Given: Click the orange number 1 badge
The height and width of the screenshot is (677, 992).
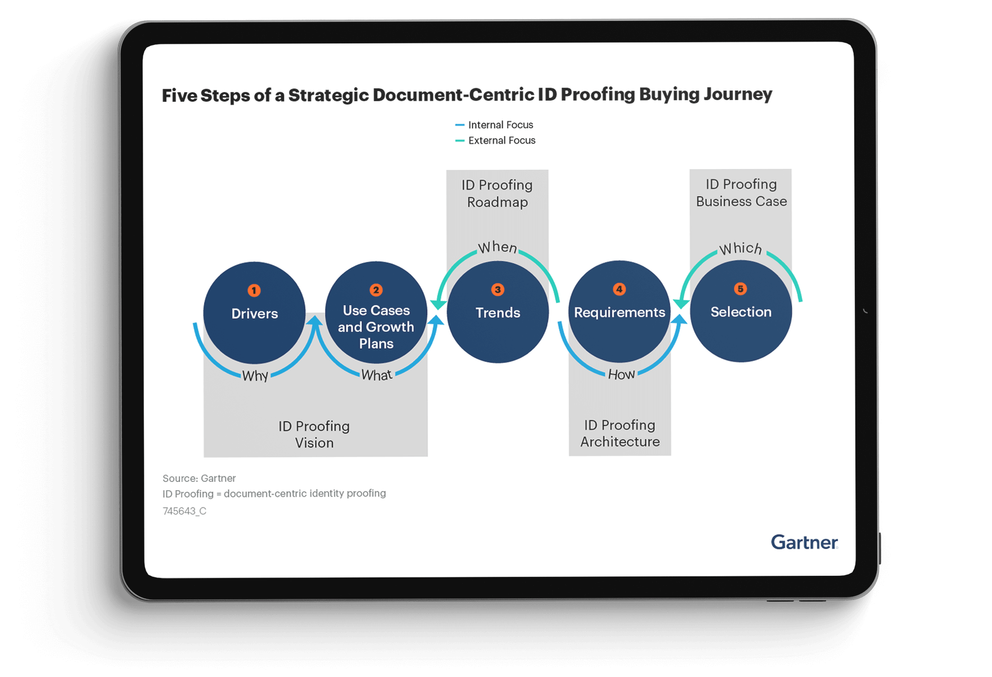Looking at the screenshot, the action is click(x=254, y=291).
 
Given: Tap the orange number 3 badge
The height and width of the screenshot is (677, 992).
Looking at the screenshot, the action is click(x=498, y=290).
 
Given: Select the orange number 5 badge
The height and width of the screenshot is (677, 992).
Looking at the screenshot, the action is click(x=741, y=289).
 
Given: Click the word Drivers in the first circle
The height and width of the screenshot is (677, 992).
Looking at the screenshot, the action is click(x=255, y=314).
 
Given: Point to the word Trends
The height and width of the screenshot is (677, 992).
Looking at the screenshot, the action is click(x=498, y=313).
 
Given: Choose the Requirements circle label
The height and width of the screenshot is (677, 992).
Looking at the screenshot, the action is click(x=620, y=313).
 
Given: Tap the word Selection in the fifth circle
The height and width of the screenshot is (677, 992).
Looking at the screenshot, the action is click(x=741, y=312).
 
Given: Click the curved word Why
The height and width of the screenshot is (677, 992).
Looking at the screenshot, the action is click(x=255, y=376).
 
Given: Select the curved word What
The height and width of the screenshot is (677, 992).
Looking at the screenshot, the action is click(x=377, y=375).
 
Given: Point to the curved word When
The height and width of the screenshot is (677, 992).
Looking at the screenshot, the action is click(x=498, y=247).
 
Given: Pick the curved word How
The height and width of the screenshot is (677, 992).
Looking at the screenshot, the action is click(x=621, y=374).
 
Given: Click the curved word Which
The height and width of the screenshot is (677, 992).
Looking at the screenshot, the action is click(x=741, y=249).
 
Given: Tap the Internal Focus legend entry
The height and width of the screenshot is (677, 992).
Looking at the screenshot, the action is click(x=494, y=125).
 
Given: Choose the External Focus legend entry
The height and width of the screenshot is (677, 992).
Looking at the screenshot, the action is click(x=495, y=141).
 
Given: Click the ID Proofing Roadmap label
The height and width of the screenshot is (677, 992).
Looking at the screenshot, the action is click(x=497, y=193).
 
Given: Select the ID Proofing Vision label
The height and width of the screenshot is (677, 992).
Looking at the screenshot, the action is click(x=314, y=435).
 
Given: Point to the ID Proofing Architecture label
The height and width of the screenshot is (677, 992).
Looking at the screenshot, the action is click(x=620, y=434).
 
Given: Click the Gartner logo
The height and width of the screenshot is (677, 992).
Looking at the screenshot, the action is click(x=805, y=542).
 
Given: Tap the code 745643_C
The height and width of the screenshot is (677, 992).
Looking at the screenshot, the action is click(x=184, y=511).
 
